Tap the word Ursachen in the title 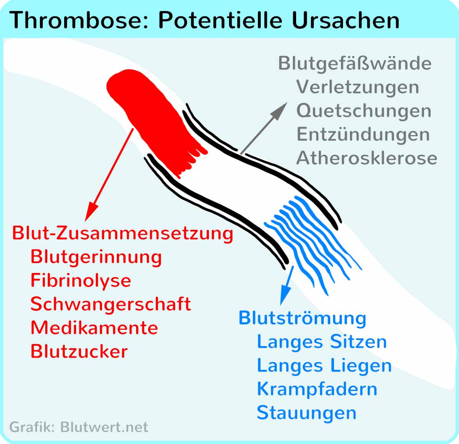pos(346,20)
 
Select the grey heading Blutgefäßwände pos(355,63)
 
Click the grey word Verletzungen pos(358,87)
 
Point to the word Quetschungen pos(364,111)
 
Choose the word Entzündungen pos(363,134)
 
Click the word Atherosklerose pos(367,158)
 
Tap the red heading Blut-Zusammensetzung pos(123,234)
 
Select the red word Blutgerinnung pos(96,257)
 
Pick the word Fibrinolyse pos(81,281)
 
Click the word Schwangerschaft pos(111,304)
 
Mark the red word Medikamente pos(94,328)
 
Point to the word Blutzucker pos(79,351)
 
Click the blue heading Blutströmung pos(302,318)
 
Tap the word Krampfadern pos(317,389)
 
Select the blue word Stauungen pos(307,413)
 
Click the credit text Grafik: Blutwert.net pos(79,427)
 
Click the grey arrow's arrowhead pos(280,110)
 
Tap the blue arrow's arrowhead pos(285,296)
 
